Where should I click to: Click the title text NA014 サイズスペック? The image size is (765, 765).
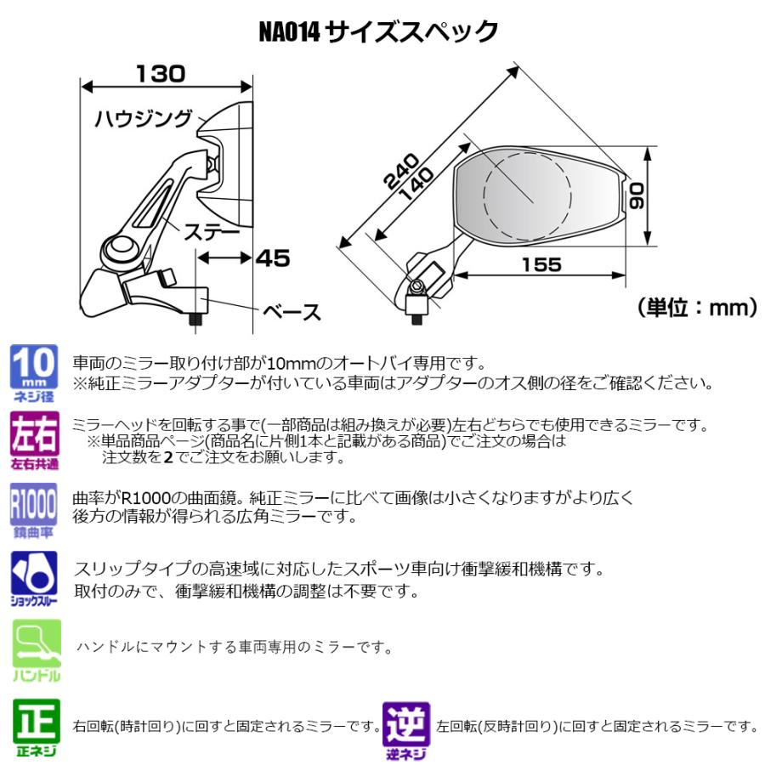pyautogui.click(x=378, y=32)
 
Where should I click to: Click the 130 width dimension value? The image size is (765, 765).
pyautogui.click(x=160, y=74)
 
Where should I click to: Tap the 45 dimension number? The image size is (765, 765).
pyautogui.click(x=272, y=258)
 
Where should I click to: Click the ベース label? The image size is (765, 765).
pyautogui.click(x=292, y=312)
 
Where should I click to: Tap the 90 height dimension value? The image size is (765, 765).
pyautogui.click(x=638, y=197)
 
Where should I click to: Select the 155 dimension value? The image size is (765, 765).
pyautogui.click(x=541, y=264)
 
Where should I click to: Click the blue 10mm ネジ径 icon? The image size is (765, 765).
pyautogui.click(x=34, y=371)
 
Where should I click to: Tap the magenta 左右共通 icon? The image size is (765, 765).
pyautogui.click(x=34, y=439)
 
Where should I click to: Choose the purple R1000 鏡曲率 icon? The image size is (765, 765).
pyautogui.click(x=34, y=508)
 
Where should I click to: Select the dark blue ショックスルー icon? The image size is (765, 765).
pyautogui.click(x=34, y=575)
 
